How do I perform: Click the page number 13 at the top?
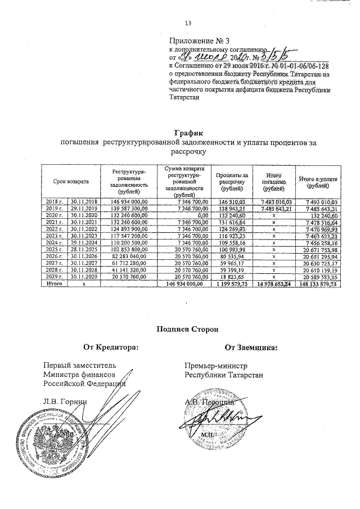point(188,23)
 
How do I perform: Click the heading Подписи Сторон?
point(188,329)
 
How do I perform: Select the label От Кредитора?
point(111,348)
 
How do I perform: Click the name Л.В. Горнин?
point(66,401)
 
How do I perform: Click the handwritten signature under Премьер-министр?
point(217,419)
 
